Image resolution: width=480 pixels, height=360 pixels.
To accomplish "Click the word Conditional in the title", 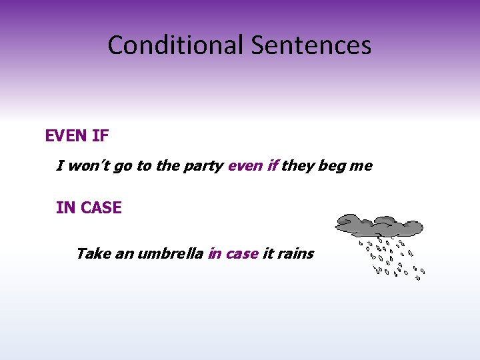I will click(176, 45).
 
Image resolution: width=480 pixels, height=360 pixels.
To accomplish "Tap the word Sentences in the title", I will click(311, 45).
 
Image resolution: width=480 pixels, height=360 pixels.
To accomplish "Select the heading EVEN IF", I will click(77, 136).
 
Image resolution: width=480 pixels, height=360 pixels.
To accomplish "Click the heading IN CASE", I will click(89, 207).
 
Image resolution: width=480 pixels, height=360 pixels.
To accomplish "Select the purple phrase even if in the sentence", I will click(253, 165).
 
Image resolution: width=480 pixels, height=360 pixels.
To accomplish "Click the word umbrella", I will click(170, 253).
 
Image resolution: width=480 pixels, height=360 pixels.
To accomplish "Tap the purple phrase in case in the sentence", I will click(233, 253).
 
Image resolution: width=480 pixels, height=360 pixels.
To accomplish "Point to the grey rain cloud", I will click(378, 225).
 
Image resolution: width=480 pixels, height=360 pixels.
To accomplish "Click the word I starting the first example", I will click(60, 165).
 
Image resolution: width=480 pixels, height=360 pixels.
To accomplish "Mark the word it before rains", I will click(268, 253).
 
